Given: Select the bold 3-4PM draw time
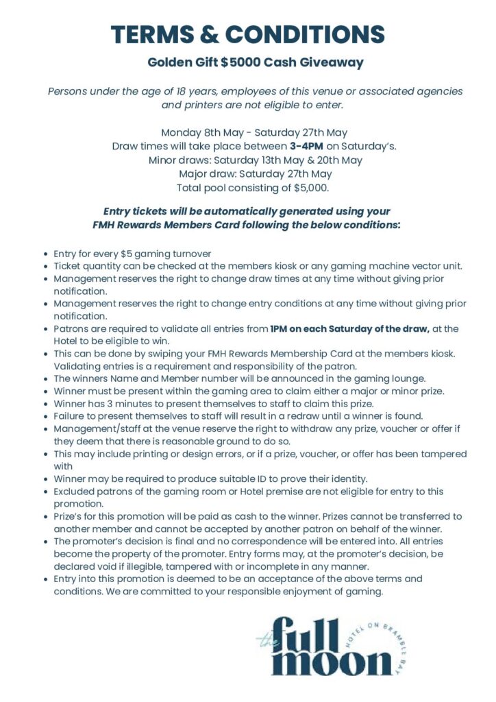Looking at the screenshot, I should click(x=306, y=146).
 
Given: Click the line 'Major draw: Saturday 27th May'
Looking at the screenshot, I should click(x=255, y=173).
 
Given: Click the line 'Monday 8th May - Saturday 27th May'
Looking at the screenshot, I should click(x=254, y=132).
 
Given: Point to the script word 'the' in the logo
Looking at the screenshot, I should click(x=264, y=642).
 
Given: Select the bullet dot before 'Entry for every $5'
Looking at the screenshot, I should click(x=45, y=254).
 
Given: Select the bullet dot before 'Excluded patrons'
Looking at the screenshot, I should click(x=45, y=492).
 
